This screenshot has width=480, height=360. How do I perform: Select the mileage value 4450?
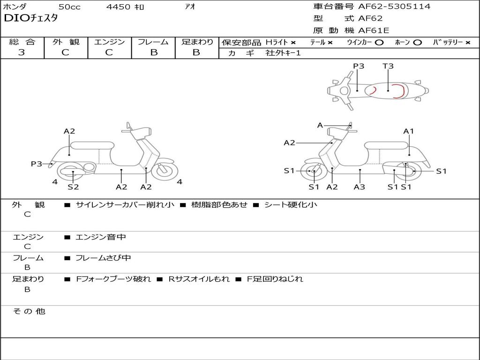tap(119, 7)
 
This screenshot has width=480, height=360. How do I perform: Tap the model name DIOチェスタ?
tap(30, 19)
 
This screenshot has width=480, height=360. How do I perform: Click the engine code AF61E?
tap(374, 30)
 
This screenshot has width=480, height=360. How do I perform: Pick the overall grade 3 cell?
tap(22, 52)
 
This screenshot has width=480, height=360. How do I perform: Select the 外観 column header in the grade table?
tap(66, 42)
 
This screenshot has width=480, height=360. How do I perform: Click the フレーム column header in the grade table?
tap(153, 42)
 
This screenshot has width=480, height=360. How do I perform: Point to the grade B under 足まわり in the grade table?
tap(196, 52)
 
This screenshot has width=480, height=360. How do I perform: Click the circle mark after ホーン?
tap(418, 42)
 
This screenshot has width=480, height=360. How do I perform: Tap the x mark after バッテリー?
tap(468, 42)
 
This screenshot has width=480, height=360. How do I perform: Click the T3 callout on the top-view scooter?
tap(388, 66)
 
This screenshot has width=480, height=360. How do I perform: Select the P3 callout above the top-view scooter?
tap(359, 66)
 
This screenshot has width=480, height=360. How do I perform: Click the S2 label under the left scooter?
tap(73, 187)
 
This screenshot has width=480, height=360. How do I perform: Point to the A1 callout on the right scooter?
tap(409, 131)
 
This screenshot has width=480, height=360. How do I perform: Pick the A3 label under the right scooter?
tap(360, 187)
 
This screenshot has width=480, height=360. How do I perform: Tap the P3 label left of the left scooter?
tap(37, 164)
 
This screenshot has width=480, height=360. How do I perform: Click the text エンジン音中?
tap(101, 237)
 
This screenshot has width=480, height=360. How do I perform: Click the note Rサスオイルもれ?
tap(199, 279)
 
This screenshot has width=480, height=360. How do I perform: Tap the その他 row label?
tap(29, 311)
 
